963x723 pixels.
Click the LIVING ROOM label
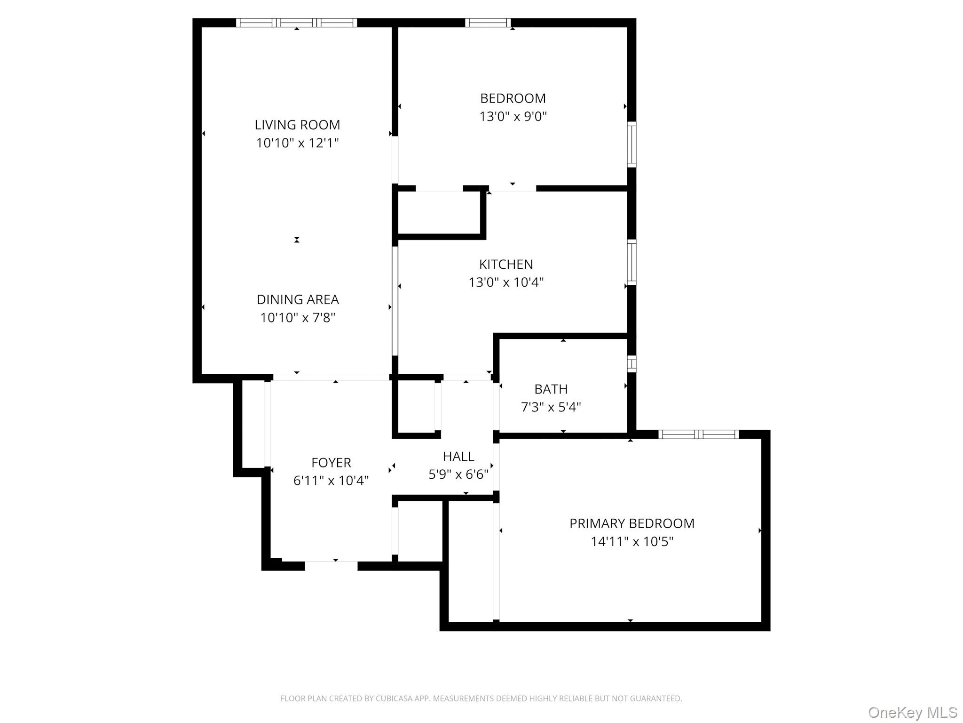(297, 125)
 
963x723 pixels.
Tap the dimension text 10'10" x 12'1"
(297, 143)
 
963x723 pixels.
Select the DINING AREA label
(298, 299)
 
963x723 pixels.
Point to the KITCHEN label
(506, 264)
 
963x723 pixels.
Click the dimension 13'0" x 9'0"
(513, 116)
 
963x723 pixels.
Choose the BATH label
(551, 389)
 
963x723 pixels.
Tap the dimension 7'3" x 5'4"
(551, 407)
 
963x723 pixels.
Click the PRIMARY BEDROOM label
(631, 523)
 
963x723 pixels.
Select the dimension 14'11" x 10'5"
(631, 542)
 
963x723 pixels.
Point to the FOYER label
(331, 463)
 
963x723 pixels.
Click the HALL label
(458, 457)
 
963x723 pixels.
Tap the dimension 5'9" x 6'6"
(458, 474)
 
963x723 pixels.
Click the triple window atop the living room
(296, 23)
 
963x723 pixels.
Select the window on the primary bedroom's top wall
(698, 434)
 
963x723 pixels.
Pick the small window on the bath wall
(631, 363)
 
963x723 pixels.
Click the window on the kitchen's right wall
(631, 262)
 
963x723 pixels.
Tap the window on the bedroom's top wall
(488, 23)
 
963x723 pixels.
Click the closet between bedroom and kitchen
(439, 213)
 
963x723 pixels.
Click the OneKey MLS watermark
(912, 713)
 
